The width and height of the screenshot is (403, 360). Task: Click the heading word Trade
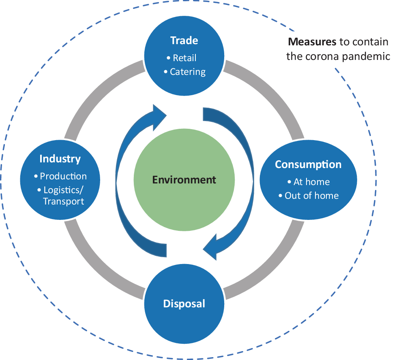[184, 40]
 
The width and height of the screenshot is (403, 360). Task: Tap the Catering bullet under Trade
[184, 72]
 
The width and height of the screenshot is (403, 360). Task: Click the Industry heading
[60, 159]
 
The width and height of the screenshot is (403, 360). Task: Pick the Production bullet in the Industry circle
[60, 176]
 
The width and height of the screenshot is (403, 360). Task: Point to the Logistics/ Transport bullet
[60, 195]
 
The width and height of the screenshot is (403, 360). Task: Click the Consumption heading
[308, 164]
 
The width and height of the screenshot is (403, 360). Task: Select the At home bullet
[308, 182]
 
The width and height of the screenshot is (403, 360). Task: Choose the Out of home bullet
[308, 196]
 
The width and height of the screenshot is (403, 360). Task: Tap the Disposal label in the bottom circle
[184, 303]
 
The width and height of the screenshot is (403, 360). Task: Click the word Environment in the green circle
[184, 179]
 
